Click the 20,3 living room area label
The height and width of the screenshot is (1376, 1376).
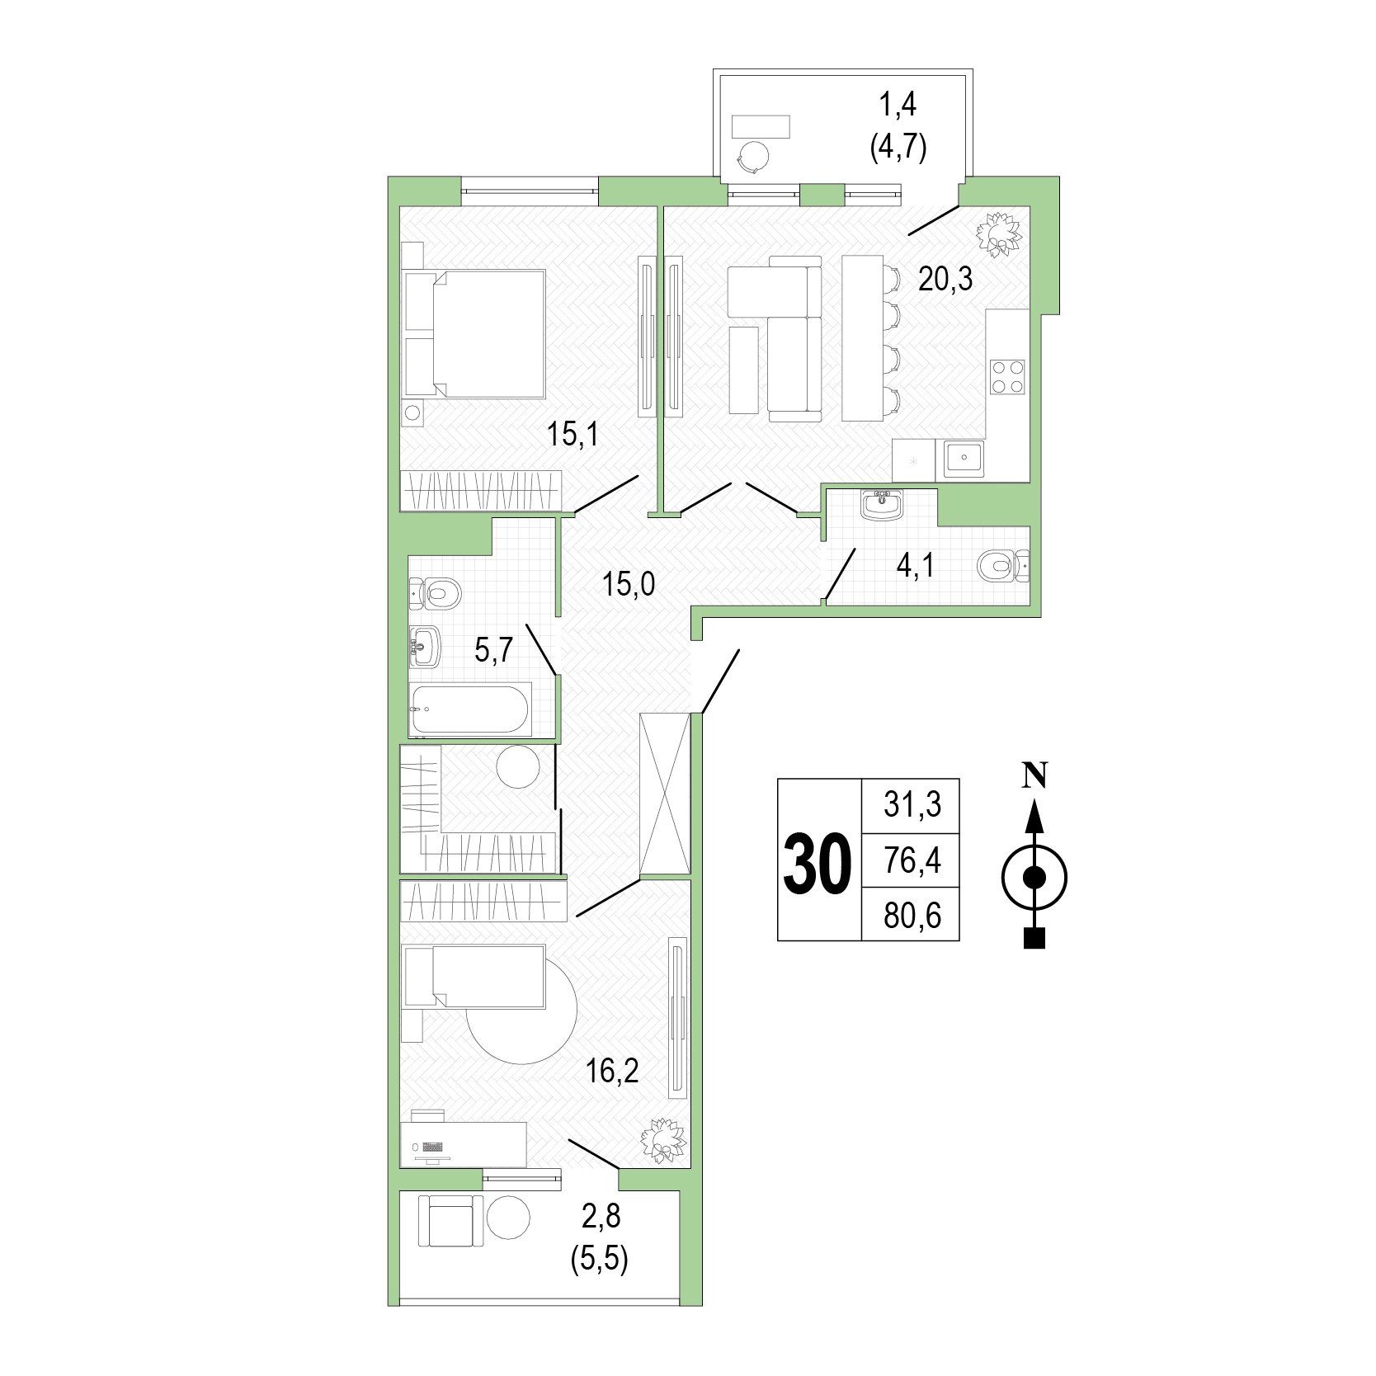(945, 280)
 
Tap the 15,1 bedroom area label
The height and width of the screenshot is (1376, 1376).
(573, 434)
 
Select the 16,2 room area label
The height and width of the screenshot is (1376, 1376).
(612, 1072)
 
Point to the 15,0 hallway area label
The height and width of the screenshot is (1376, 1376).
(629, 584)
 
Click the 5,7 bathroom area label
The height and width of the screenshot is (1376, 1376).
(494, 650)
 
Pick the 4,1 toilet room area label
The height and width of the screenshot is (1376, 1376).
(916, 566)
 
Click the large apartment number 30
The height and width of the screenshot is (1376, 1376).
(817, 864)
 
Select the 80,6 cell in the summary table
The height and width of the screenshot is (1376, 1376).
(912, 916)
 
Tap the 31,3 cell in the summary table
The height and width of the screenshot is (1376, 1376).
(912, 803)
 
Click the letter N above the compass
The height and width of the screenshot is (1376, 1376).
(1034, 776)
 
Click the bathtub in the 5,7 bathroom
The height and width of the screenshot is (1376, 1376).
(470, 709)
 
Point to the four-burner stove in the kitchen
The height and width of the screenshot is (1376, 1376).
(1007, 377)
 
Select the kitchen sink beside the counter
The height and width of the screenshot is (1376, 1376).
(964, 459)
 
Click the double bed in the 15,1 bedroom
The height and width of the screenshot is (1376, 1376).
(474, 333)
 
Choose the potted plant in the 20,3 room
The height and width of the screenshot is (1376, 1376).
(999, 234)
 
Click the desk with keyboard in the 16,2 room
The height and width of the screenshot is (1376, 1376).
(464, 1144)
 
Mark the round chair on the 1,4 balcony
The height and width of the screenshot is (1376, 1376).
(754, 157)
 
